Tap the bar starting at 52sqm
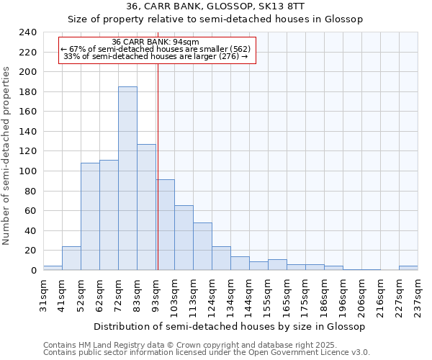point(90,216)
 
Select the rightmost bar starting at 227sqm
point(408,268)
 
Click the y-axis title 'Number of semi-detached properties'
point(6,156)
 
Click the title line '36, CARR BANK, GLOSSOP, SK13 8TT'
point(215,6)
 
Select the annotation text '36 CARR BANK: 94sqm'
point(156,42)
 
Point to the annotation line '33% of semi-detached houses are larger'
point(156,56)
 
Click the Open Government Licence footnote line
point(206,353)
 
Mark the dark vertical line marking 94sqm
point(158,166)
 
